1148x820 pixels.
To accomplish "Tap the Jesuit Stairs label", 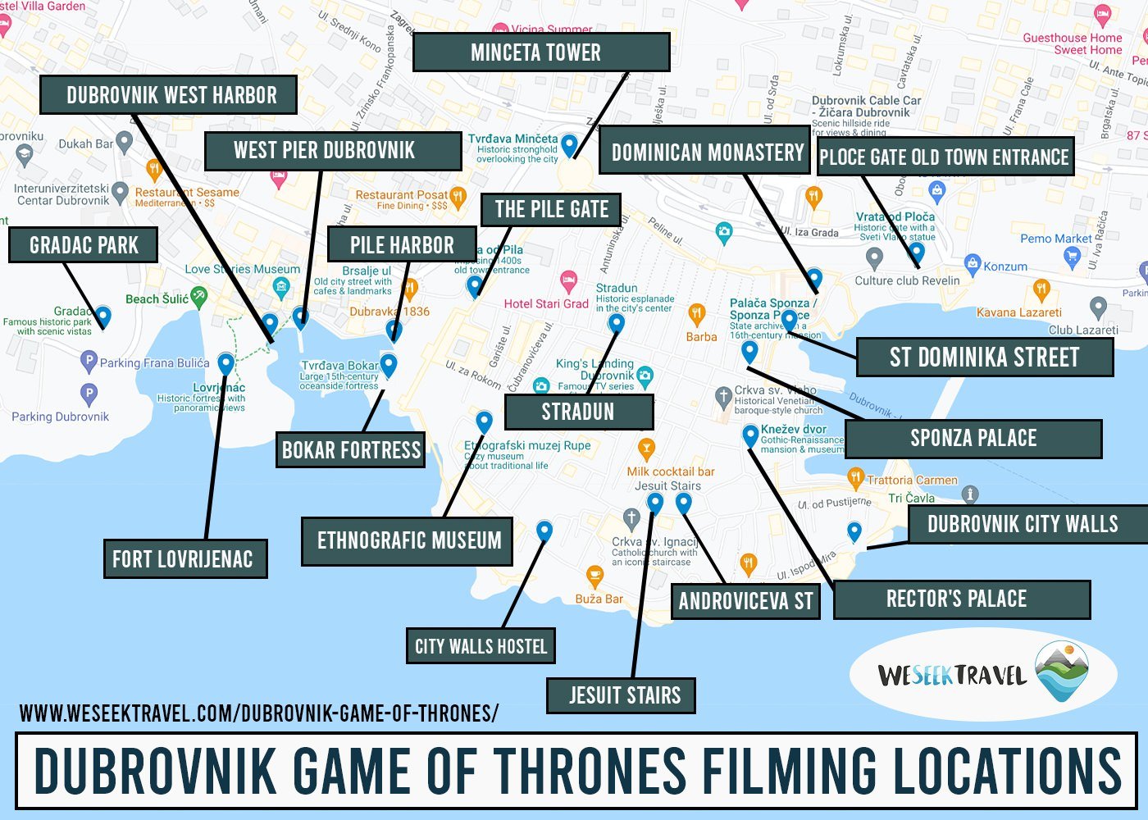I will [622, 695].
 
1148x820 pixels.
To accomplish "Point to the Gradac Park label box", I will [83, 245].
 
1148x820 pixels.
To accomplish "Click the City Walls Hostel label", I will [481, 646].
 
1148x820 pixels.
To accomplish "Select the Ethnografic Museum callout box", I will [408, 541].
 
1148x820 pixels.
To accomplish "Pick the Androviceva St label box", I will [745, 602].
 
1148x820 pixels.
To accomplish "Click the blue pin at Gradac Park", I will [103, 316].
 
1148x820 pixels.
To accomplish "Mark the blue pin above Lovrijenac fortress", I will [225, 362].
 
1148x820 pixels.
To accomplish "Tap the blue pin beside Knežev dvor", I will [750, 435].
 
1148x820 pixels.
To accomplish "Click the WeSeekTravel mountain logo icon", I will [1062, 672].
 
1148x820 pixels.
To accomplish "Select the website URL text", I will [258, 713].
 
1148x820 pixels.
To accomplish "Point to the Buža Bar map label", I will [599, 599].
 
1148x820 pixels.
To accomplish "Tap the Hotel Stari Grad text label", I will [546, 303].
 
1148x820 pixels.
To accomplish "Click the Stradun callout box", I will [578, 412].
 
